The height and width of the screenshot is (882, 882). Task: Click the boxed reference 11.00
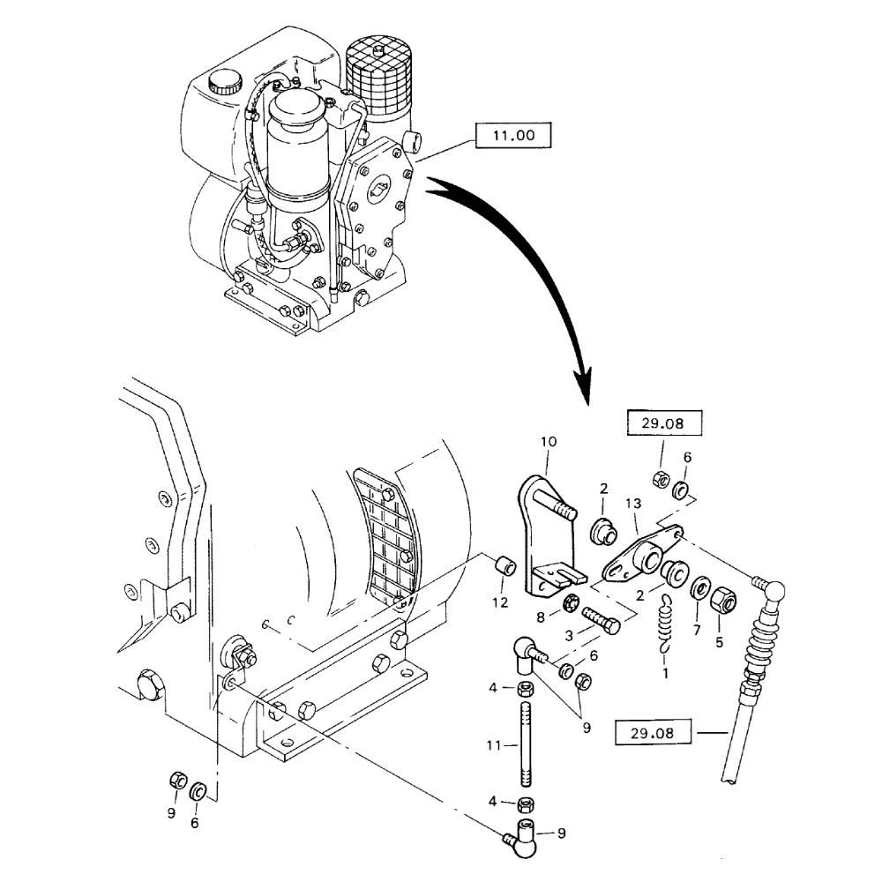(x=512, y=136)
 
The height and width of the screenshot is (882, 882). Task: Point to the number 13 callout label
(x=632, y=503)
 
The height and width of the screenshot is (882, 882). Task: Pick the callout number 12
(x=499, y=602)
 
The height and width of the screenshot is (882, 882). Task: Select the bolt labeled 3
(x=600, y=628)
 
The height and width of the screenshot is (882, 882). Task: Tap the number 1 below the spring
(x=665, y=673)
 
